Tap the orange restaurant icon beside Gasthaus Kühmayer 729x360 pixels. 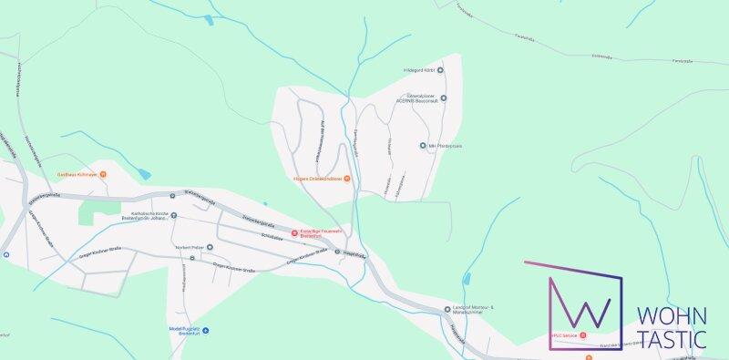[x=103, y=174]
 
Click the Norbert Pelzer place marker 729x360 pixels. [x=209, y=247]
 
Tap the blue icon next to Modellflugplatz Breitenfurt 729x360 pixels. [x=206, y=330]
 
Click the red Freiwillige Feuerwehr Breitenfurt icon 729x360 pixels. [x=293, y=233]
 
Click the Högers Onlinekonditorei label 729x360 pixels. [x=316, y=179]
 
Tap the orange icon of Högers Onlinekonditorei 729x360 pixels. [x=346, y=179]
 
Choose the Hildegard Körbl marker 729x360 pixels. [x=441, y=69]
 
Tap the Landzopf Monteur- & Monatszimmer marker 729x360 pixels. [x=447, y=309]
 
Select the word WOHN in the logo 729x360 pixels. [x=671, y=317]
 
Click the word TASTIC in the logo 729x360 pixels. [x=671, y=340]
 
